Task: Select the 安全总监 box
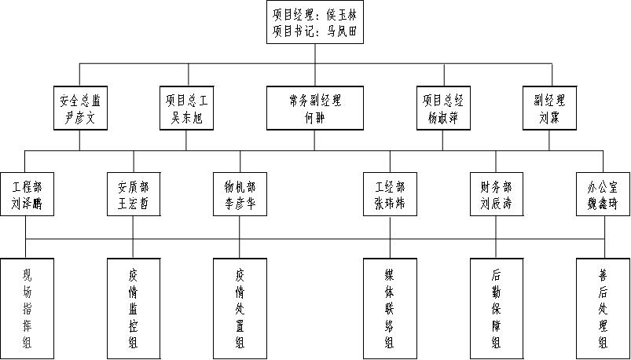click(x=79, y=108)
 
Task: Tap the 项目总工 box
click(x=186, y=108)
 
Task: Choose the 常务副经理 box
click(x=315, y=108)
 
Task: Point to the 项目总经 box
click(x=443, y=108)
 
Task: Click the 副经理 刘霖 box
click(x=549, y=108)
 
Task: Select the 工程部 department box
click(x=26, y=194)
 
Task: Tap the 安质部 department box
click(x=133, y=194)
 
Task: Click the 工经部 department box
click(x=390, y=194)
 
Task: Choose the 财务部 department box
click(x=497, y=194)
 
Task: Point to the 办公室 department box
click(x=603, y=194)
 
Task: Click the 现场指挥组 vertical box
click(x=26, y=307)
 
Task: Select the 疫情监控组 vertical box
click(x=133, y=307)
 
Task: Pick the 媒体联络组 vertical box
click(x=390, y=307)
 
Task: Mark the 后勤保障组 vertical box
click(x=497, y=307)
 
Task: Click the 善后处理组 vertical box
click(x=603, y=307)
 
